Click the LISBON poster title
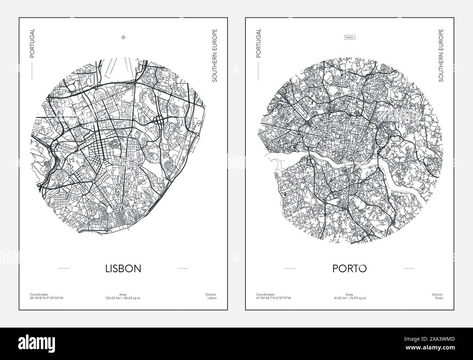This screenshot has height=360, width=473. [123, 269]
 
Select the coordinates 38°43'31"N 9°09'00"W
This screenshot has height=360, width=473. [47, 298]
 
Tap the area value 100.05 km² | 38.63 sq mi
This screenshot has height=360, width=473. [123, 298]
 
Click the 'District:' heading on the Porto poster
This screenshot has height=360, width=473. [437, 294]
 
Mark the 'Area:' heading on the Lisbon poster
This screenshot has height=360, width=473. [123, 294]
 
